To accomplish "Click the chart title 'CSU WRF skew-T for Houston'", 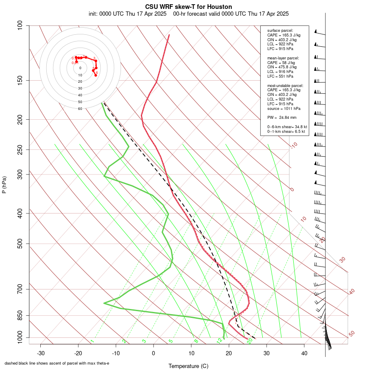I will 188,7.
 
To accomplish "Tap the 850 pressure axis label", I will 20,316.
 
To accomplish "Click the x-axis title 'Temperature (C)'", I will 188,366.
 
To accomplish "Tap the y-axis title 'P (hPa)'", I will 4,185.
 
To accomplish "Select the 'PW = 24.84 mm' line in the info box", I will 282,117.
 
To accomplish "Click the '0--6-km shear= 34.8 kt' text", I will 287,127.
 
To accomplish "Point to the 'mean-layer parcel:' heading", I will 283,58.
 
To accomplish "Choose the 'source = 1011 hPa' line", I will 284,108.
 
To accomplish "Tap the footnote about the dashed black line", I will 57,363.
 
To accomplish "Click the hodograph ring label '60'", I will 80,109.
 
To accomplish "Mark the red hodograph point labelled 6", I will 95,75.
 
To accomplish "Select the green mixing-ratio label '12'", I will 219,341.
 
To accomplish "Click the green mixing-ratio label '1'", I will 92,341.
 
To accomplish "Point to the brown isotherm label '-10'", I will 294,146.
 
